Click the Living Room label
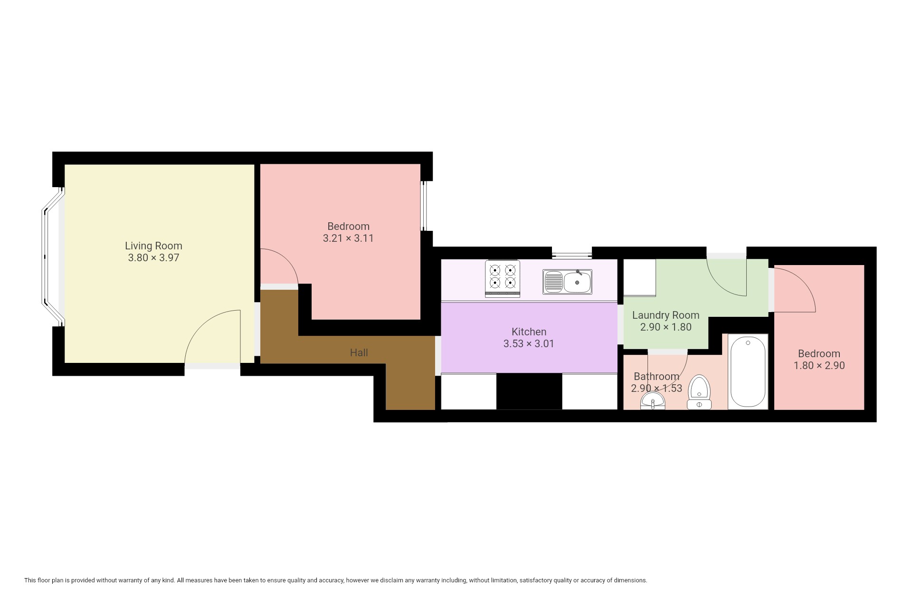pyautogui.click(x=153, y=246)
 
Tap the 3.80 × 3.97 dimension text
pyautogui.click(x=153, y=258)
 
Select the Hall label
pyautogui.click(x=359, y=352)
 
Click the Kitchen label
pyautogui.click(x=529, y=332)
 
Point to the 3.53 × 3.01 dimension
pyautogui.click(x=529, y=343)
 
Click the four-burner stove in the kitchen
pyautogui.click(x=503, y=278)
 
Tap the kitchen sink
pyautogui.click(x=567, y=282)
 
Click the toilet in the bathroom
pyautogui.click(x=699, y=392)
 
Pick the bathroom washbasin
pyautogui.click(x=653, y=402)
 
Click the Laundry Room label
pyautogui.click(x=665, y=315)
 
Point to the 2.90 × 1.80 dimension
pyautogui.click(x=665, y=327)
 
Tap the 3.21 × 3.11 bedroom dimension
pyautogui.click(x=348, y=238)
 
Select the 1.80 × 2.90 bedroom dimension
pyautogui.click(x=819, y=365)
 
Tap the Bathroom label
pyautogui.click(x=656, y=376)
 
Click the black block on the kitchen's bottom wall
pyautogui.click(x=529, y=391)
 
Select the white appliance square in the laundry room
pyautogui.click(x=639, y=277)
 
